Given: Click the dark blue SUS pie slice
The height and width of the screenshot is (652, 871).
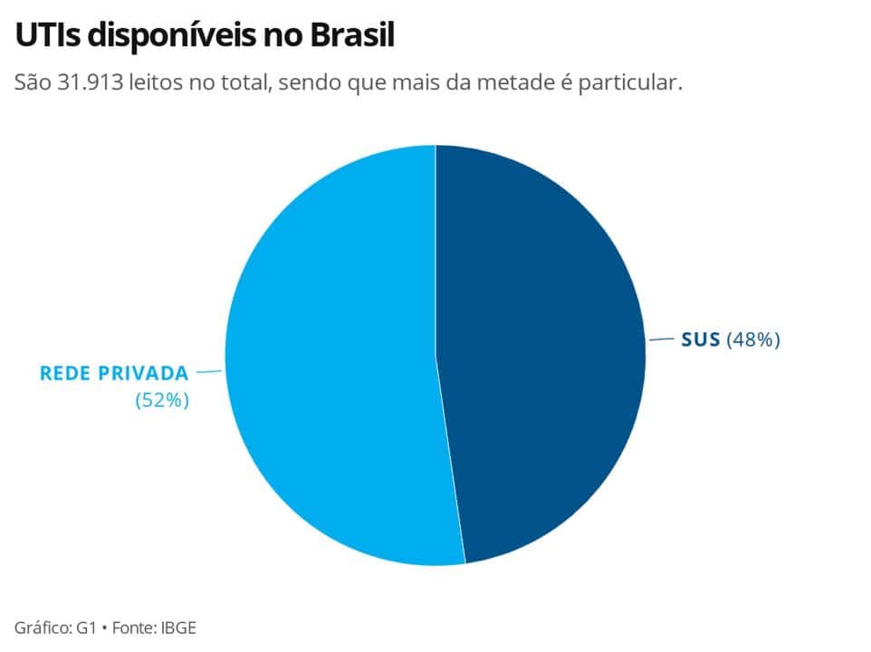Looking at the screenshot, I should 543,353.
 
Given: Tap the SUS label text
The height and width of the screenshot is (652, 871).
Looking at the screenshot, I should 701,340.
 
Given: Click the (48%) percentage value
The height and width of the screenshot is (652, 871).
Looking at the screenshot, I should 752,340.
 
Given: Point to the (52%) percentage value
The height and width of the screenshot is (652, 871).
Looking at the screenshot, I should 162,400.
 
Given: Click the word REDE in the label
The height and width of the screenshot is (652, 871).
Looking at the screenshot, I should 65,373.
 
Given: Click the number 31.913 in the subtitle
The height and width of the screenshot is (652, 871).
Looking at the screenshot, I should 91,83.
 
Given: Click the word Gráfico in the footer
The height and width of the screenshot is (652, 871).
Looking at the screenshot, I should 43,627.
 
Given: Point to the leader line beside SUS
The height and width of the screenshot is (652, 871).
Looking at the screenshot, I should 662,340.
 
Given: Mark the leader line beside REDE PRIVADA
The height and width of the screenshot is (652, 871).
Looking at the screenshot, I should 209,371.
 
